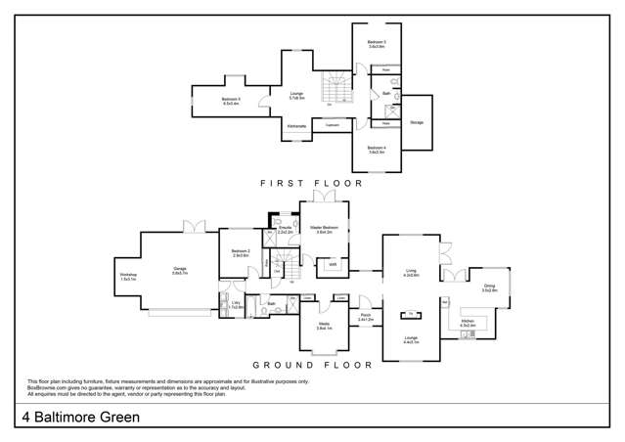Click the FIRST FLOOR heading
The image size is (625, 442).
[311, 183]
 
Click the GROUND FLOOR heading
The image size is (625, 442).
[311, 365]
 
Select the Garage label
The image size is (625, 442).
[180, 271]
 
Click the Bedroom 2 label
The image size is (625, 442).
[241, 253]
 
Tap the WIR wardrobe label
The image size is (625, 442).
[333, 263]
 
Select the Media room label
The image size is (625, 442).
[323, 327]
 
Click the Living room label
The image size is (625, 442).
[412, 274]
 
